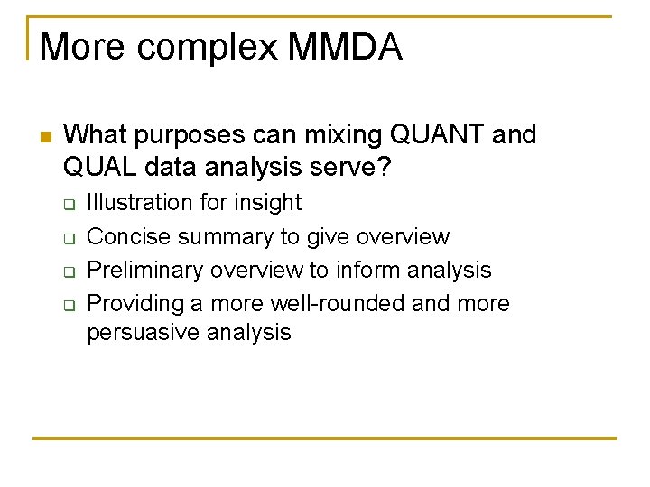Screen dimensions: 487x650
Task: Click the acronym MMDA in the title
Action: click(344, 47)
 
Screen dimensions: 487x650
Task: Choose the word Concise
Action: click(128, 236)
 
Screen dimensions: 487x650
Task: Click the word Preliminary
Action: click(142, 271)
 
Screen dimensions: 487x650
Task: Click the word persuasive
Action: click(144, 333)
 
